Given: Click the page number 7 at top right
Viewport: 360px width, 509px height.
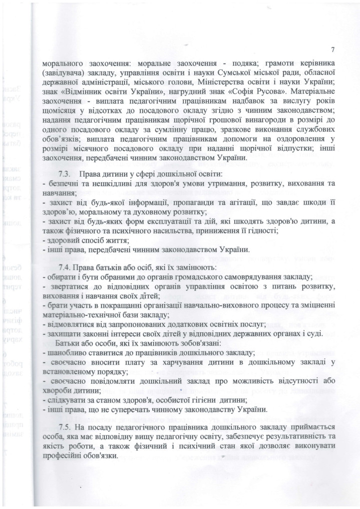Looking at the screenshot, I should click(x=332, y=50).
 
